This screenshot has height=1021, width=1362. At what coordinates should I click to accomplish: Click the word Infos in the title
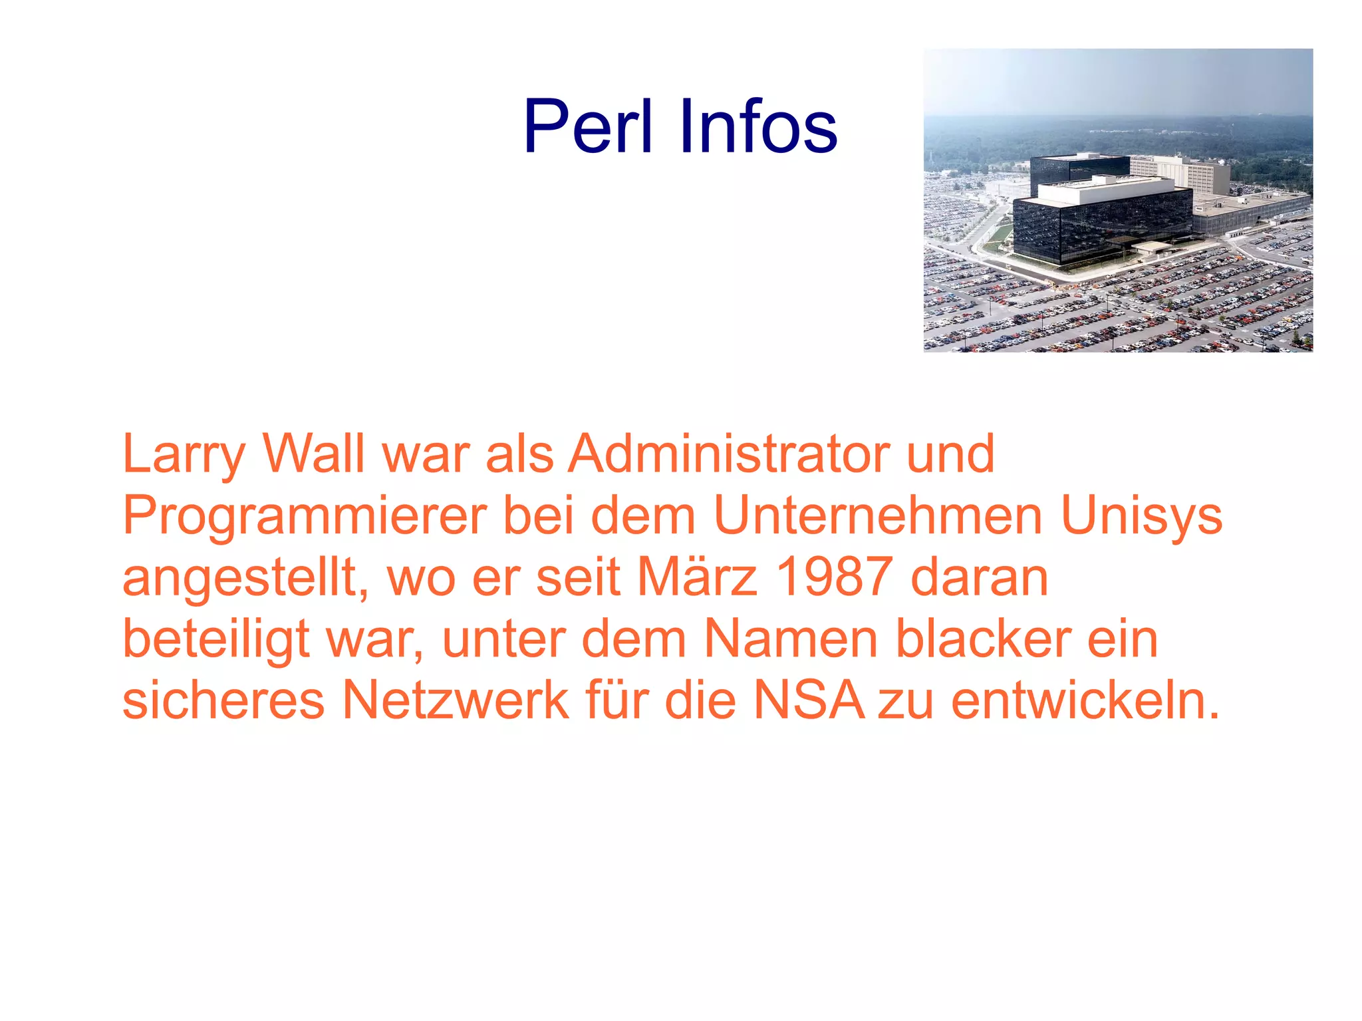click(x=757, y=126)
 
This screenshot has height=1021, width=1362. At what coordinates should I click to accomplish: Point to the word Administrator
click(x=728, y=454)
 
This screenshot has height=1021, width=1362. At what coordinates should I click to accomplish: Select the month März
click(x=698, y=577)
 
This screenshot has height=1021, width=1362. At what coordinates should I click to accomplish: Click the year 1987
click(x=835, y=577)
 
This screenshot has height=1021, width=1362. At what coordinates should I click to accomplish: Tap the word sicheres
click(x=223, y=700)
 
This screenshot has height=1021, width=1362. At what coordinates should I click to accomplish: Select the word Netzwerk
click(x=456, y=700)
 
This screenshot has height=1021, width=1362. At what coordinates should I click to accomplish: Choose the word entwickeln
click(x=1085, y=700)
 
